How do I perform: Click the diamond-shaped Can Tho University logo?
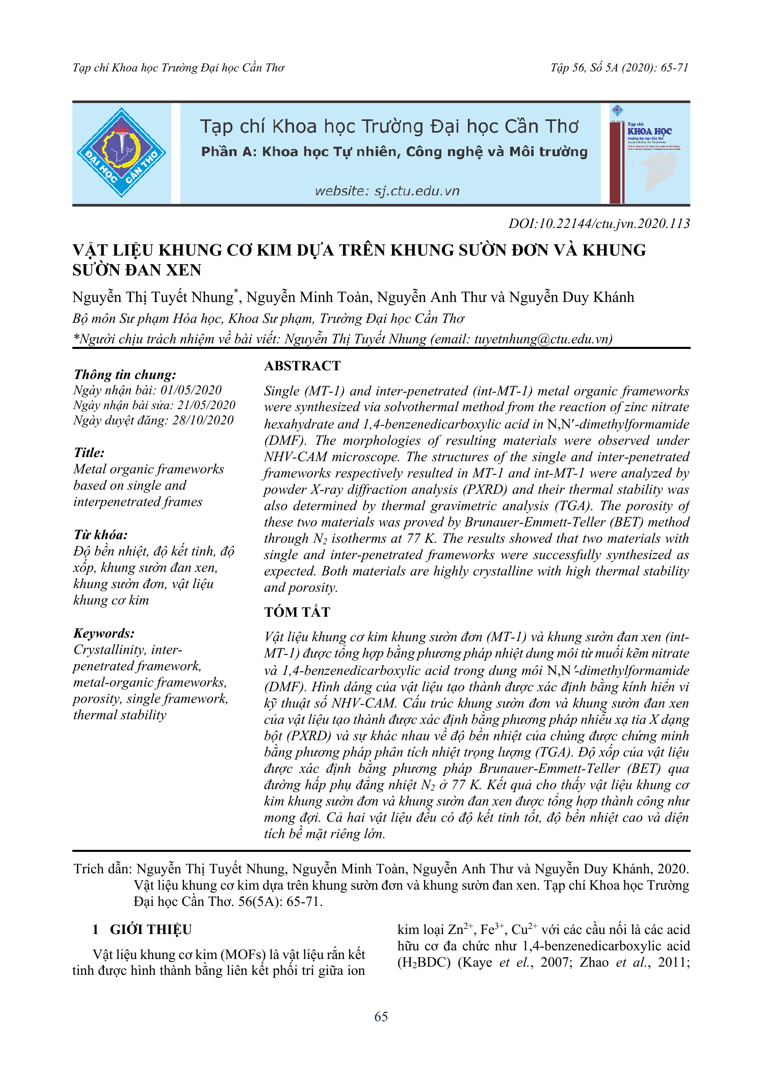[121, 153]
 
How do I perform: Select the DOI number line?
[599, 223]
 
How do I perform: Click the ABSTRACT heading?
[302, 366]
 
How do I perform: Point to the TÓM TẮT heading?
[297, 612]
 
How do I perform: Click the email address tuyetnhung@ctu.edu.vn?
[542, 339]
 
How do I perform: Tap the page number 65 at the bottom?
[381, 1017]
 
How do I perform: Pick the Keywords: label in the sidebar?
[104, 633]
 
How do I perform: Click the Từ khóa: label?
[100, 535]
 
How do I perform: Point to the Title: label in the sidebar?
[89, 452]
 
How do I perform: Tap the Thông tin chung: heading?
[125, 374]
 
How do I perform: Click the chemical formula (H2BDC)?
[424, 963]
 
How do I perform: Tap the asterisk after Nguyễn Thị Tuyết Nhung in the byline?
[236, 292]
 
